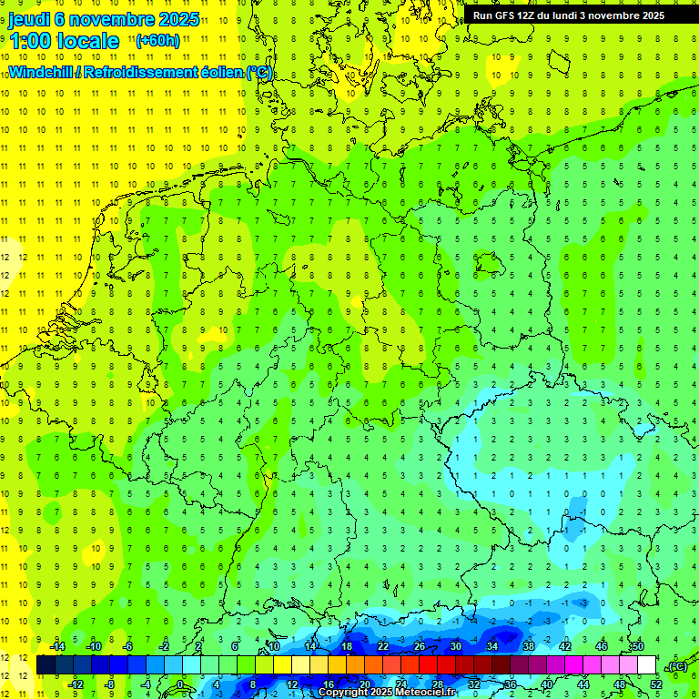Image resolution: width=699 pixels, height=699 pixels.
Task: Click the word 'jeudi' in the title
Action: pyautogui.click(x=35, y=20)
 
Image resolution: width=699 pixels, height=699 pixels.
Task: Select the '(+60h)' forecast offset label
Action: pyautogui.click(x=157, y=41)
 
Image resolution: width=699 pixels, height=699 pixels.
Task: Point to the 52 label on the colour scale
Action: pyautogui.click(x=656, y=684)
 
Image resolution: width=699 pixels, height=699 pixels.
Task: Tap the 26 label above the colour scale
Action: pyautogui.click(x=420, y=646)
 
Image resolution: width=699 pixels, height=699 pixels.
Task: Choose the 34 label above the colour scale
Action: pyautogui.click(x=492, y=646)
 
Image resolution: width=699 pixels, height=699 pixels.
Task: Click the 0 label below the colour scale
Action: pyautogui.click(x=181, y=684)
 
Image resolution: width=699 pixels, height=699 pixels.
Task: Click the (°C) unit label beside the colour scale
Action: pyautogui.click(x=676, y=667)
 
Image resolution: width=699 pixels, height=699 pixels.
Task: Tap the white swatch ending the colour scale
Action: pyautogui.click(x=646, y=665)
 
